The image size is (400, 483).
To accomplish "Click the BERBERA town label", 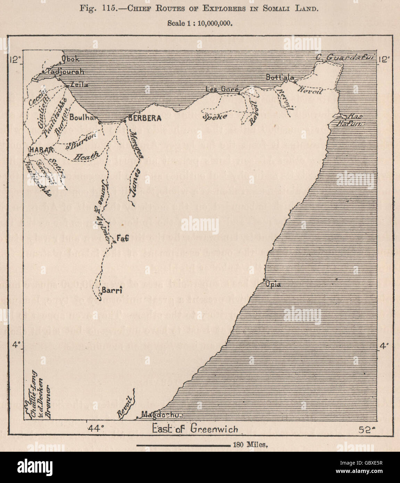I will [x=145, y=118].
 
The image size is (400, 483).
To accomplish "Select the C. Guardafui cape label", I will [x=344, y=57].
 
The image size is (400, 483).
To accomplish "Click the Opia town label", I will [x=273, y=284].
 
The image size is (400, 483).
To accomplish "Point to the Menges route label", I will [x=135, y=144].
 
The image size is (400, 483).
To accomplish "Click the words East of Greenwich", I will [x=195, y=428].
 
